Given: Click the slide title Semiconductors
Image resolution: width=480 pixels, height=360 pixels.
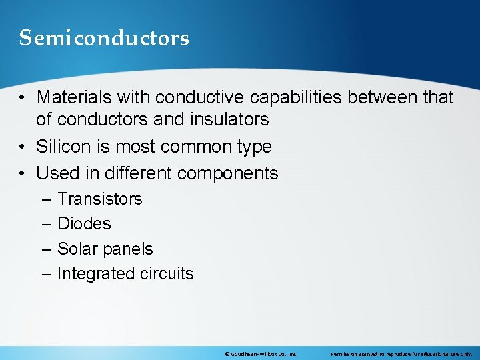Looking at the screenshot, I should pos(104,38).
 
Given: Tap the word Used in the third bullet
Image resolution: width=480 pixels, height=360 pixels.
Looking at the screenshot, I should pos(57,173).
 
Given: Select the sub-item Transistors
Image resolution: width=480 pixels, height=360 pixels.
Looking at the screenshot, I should pos(100,199).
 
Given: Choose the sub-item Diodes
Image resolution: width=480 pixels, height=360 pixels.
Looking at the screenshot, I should pos(84,224).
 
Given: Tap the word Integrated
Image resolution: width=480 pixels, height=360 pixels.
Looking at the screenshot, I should pos(96,274).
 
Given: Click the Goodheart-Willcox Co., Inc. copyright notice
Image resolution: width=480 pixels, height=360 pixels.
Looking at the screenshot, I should pos(261,353).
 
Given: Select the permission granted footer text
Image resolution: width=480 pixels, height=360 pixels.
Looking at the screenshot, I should pos(401,353).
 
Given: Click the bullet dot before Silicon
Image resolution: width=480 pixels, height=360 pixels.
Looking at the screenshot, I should pos(23,147).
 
